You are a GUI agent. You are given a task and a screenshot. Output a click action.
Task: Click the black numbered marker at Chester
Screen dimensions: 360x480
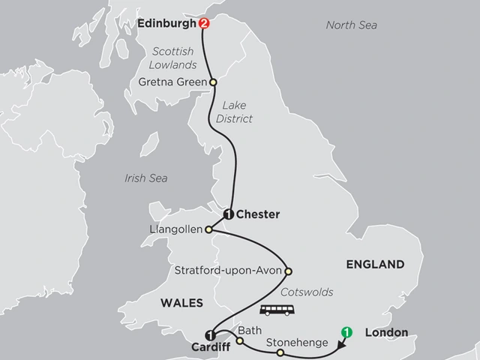point(229,214)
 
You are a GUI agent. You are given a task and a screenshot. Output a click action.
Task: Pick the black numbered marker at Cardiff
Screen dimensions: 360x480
point(210,334)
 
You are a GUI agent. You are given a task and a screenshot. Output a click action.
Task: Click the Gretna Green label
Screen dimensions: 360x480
point(176,82)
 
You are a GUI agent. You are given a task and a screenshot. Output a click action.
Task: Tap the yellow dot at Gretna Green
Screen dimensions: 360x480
point(212,82)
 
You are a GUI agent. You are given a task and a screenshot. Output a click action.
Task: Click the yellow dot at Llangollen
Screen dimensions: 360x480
point(211,229)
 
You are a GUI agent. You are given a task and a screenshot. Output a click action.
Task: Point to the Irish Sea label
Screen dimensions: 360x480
point(146,178)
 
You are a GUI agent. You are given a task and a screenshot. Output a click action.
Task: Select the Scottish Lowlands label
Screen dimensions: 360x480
point(172,58)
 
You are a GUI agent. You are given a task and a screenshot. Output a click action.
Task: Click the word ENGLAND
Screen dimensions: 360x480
point(374,264)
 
